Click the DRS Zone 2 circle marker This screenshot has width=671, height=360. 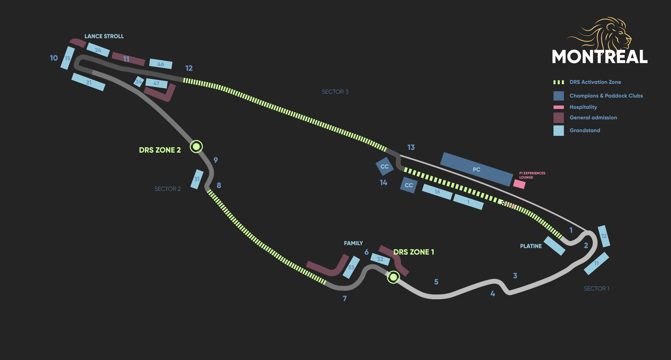point(196,147)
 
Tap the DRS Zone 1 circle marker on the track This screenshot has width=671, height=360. point(393,277)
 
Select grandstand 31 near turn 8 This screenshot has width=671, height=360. point(197,179)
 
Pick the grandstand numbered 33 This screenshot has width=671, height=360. point(351,267)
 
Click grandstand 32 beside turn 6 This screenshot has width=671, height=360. point(380,259)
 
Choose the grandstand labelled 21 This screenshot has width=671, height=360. point(88,82)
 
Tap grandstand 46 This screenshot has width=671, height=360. point(160,64)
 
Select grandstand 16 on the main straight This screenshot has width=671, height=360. point(437,192)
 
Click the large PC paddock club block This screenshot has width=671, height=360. point(476,169)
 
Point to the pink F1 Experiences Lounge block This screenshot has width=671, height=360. point(519,184)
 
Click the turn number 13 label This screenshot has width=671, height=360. point(411,147)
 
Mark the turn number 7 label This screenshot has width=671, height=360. point(345,298)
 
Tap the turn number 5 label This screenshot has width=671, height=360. point(436,282)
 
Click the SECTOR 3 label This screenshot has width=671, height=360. point(335,92)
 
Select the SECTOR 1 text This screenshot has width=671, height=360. point(596,288)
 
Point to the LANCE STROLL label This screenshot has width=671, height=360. point(104,36)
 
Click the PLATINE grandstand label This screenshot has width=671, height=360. point(531,246)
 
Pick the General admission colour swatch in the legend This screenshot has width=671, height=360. point(558,118)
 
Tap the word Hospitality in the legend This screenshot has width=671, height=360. point(583,107)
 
